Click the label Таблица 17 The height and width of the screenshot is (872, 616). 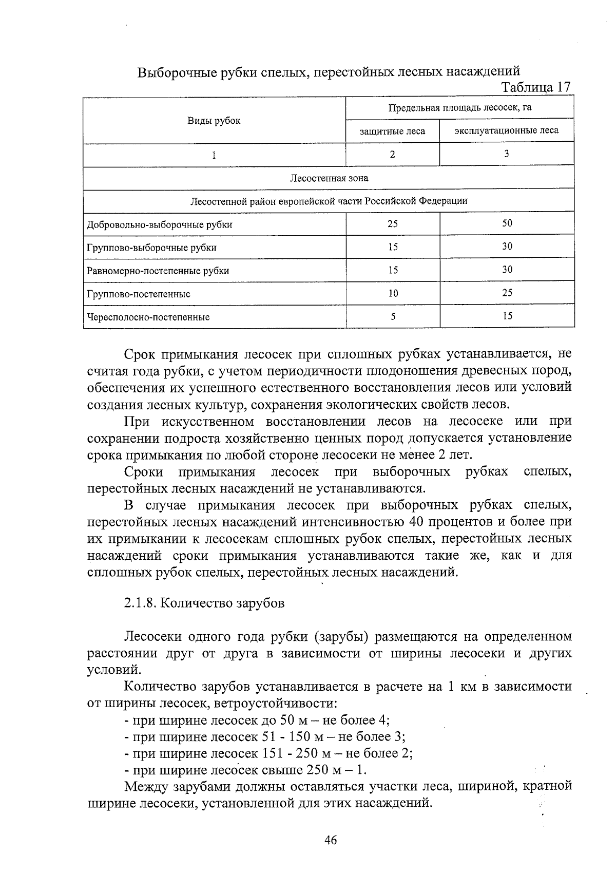536,88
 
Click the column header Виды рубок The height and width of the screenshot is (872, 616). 214,121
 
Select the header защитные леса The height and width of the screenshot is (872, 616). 392,131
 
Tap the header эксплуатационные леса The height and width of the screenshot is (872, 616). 506,130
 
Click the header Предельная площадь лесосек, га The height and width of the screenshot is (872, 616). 459,108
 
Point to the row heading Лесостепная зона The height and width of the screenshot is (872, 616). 329,178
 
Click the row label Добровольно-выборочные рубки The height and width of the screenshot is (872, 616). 160,224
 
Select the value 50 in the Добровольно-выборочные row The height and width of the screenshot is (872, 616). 507,223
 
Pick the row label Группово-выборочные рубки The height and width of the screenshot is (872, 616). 151,248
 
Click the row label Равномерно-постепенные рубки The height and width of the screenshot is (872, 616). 158,271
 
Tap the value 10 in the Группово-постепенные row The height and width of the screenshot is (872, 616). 393,293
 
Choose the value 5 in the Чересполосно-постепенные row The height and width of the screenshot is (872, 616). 393,316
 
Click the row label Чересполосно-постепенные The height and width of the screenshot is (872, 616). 148,317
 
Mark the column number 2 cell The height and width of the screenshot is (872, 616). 393,154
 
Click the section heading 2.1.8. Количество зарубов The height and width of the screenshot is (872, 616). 204,603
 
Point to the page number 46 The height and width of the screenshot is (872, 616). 330,840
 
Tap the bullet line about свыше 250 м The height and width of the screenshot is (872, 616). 246,770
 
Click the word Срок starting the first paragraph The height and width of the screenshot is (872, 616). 140,354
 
